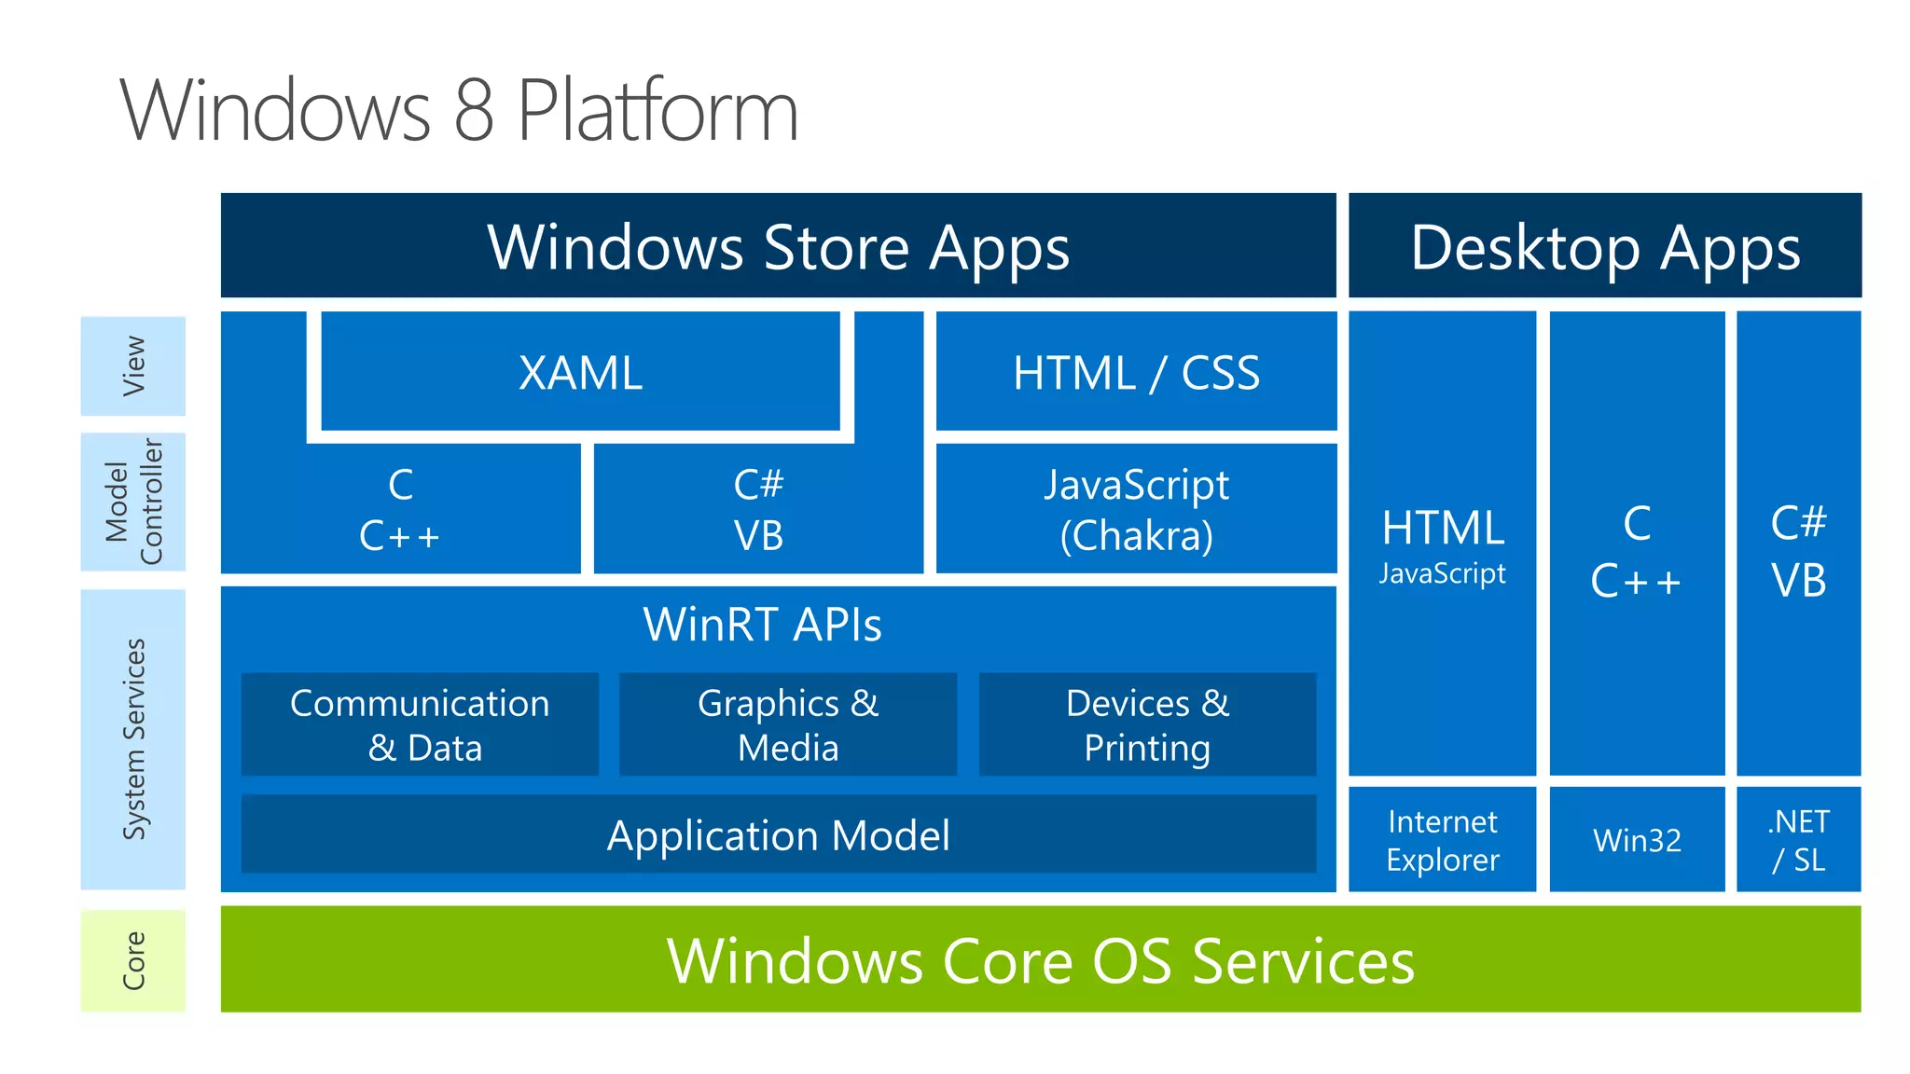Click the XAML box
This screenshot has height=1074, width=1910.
coord(580,372)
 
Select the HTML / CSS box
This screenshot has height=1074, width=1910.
coord(1135,372)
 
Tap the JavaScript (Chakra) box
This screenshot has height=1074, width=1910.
coord(1135,509)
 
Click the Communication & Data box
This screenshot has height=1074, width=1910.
coord(420,724)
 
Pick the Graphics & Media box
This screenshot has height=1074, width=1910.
coord(788,724)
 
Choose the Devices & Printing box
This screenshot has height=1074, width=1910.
coord(1147,724)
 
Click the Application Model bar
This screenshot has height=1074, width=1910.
coord(778,834)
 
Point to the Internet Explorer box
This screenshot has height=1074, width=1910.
coord(1442,840)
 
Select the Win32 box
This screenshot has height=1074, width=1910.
coord(1637,840)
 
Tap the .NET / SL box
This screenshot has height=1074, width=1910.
coord(1798,840)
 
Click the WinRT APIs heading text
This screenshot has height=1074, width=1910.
coord(762,624)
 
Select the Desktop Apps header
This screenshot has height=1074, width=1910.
coord(1604,246)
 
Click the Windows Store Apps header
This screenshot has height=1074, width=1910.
coord(778,246)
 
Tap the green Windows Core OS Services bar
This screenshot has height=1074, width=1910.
coord(1040,959)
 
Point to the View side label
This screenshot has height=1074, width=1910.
coord(133,365)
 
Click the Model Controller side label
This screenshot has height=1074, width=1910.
coord(133,502)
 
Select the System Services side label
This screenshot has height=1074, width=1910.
coord(133,738)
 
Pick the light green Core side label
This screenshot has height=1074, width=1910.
coord(133,960)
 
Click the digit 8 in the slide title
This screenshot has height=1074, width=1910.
coord(474,110)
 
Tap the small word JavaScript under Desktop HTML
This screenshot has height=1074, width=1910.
coord(1442,572)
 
